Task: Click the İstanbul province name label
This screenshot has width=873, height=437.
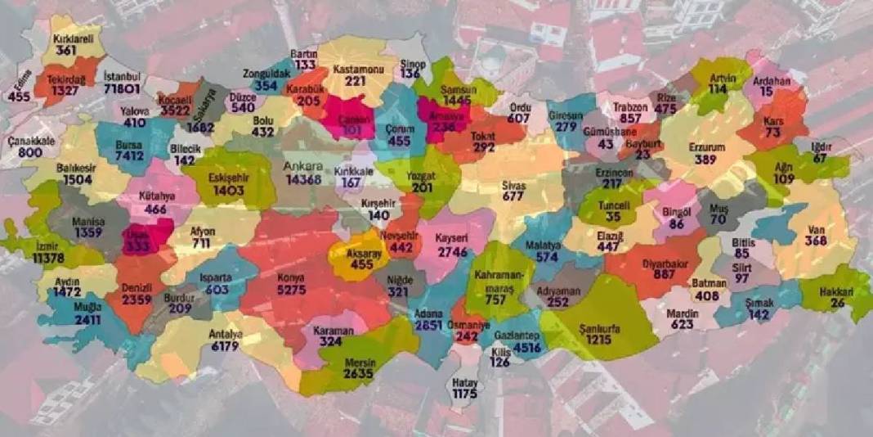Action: point(123,76)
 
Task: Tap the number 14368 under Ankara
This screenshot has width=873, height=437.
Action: point(304,179)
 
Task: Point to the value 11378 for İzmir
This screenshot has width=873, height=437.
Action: point(49,258)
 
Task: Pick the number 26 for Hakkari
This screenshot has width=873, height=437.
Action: point(839,304)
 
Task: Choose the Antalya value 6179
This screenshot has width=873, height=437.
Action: point(224,346)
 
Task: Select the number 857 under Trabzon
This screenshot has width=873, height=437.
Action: point(631,119)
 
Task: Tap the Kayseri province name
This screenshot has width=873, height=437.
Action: point(450,238)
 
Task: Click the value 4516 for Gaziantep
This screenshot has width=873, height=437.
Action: point(527,349)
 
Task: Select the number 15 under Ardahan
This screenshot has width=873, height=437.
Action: point(767,92)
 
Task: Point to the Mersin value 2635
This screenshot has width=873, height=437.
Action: point(358,374)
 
